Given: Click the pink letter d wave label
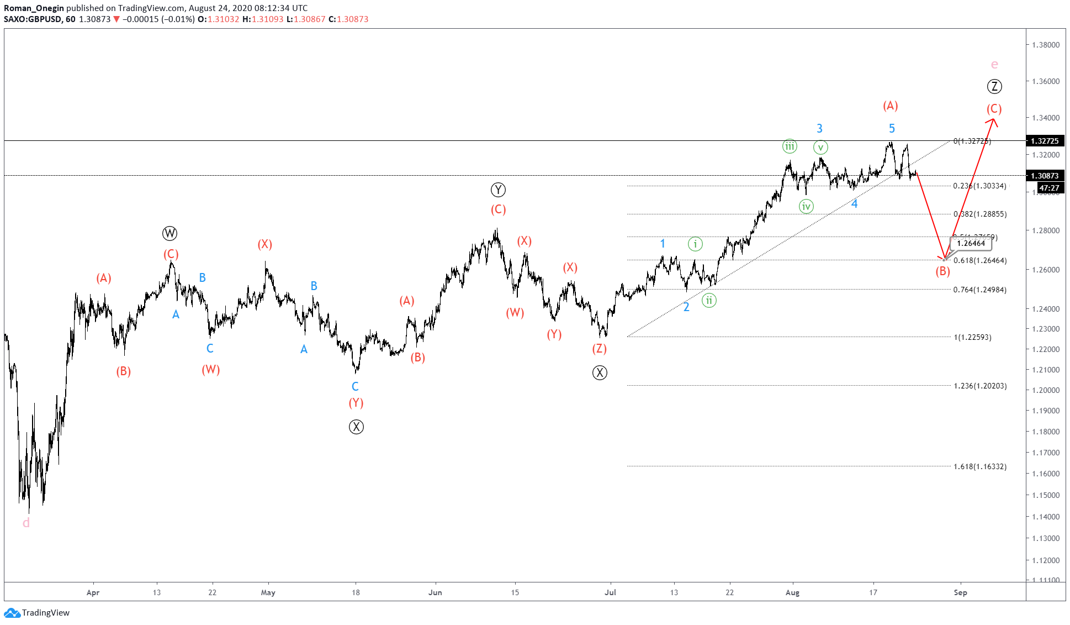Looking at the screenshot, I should [x=26, y=523].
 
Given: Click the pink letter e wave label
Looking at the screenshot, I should [x=994, y=65].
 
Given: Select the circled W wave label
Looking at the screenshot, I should [x=169, y=233].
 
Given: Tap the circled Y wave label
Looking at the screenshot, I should [x=498, y=190].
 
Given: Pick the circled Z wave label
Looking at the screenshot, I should [x=994, y=86].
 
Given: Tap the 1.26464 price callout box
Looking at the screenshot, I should [x=971, y=243].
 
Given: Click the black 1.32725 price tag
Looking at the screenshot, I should [x=1045, y=141].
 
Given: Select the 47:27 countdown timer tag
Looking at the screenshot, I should [x=1049, y=188].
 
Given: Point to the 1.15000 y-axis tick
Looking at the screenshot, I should [x=1046, y=495].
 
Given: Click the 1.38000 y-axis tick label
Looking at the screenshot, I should [x=1046, y=45].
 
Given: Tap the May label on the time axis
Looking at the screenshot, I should [x=268, y=592].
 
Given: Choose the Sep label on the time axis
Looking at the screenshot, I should [x=960, y=592].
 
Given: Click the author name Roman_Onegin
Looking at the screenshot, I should [x=34, y=8].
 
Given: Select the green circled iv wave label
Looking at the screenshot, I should [x=806, y=207].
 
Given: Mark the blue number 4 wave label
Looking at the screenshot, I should [x=854, y=204].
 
